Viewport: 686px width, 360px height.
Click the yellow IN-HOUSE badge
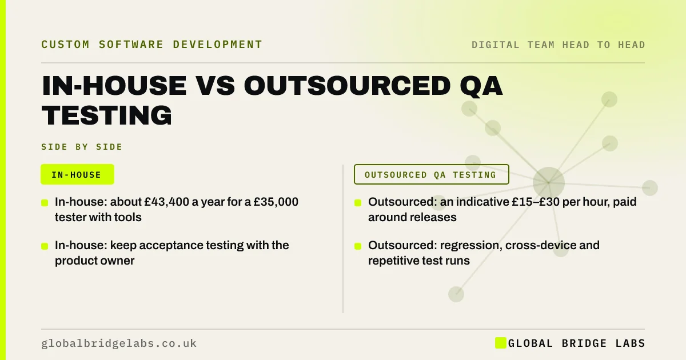[x=78, y=174]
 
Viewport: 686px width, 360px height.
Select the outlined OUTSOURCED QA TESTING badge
[x=432, y=174]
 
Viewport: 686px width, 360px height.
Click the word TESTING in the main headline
[x=107, y=115]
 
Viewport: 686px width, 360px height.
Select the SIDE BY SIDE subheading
[x=82, y=147]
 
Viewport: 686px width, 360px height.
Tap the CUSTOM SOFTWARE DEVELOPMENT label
[x=152, y=45]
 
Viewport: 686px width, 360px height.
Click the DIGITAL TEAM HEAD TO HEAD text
[x=559, y=45]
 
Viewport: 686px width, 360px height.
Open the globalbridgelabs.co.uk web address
[x=119, y=343]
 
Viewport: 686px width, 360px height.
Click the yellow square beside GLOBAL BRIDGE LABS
[x=500, y=343]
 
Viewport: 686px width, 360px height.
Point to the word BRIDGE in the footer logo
[x=584, y=343]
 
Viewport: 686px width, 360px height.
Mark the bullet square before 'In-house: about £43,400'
[x=45, y=203]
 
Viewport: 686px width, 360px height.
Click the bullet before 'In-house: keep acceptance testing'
[x=45, y=246]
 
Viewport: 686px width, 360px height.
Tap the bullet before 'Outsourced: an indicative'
[x=358, y=203]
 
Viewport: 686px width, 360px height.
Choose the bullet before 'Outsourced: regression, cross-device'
[x=358, y=246]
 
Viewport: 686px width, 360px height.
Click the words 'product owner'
[x=95, y=261]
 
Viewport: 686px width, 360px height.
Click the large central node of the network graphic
[x=548, y=183]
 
